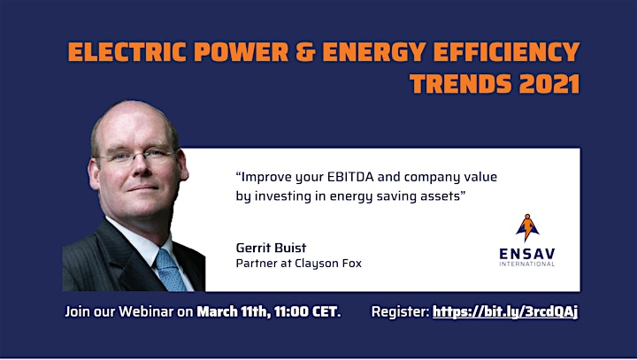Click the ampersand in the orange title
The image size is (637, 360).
(305, 52)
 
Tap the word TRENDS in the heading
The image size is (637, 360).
(461, 84)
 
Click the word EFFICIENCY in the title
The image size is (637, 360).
(507, 52)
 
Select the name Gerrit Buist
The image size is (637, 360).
(271, 248)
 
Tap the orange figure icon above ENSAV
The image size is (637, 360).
(527, 227)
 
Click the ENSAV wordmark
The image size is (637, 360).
(527, 254)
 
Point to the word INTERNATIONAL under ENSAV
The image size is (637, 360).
(527, 264)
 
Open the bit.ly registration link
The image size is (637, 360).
(505, 311)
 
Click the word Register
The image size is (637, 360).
(400, 312)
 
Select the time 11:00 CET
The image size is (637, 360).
(307, 311)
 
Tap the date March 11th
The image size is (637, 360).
(234, 311)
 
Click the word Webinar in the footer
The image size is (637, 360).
(146, 311)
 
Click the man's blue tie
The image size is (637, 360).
(171, 270)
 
